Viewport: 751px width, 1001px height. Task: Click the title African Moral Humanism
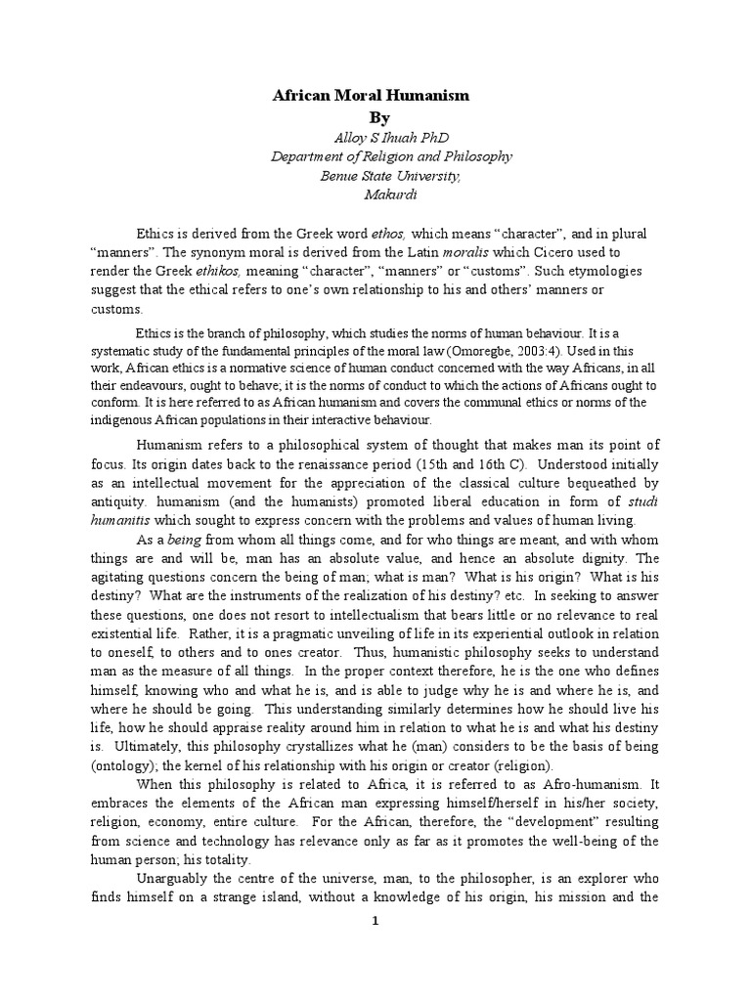pyautogui.click(x=370, y=96)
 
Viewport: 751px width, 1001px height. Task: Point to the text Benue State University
pyautogui.click(x=370, y=176)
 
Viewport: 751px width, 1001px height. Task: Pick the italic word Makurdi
pyautogui.click(x=370, y=196)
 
